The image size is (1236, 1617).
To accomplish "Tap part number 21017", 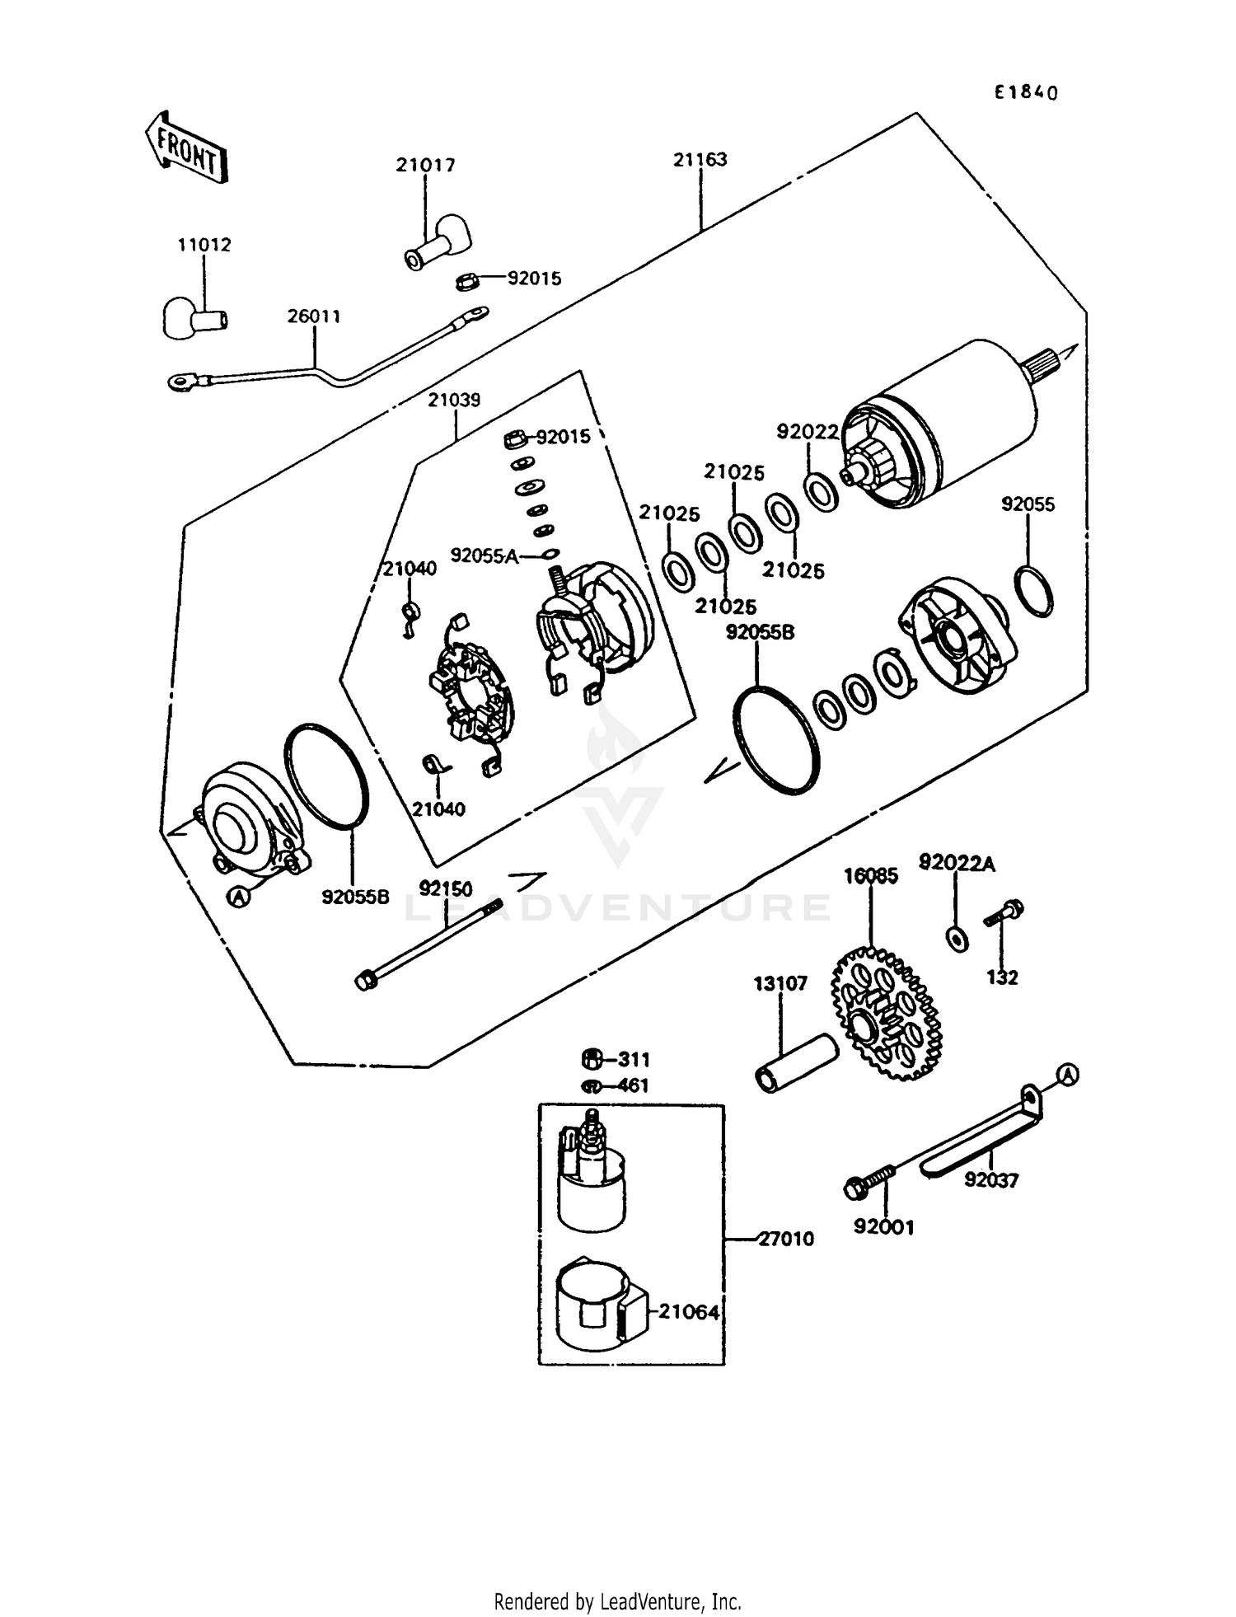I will (425, 165).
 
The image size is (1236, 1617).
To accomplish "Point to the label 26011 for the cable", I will (314, 316).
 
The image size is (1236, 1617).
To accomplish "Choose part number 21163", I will (700, 160).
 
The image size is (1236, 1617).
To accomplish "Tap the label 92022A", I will (957, 863).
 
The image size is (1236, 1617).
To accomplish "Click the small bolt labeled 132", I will (1004, 914).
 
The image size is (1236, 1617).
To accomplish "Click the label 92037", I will (991, 1180).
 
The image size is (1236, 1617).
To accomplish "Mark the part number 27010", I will (785, 1239).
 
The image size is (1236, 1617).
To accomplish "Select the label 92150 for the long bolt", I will (446, 888).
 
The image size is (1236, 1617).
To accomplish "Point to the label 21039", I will (454, 400).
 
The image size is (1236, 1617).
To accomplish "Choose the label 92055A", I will (484, 556).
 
